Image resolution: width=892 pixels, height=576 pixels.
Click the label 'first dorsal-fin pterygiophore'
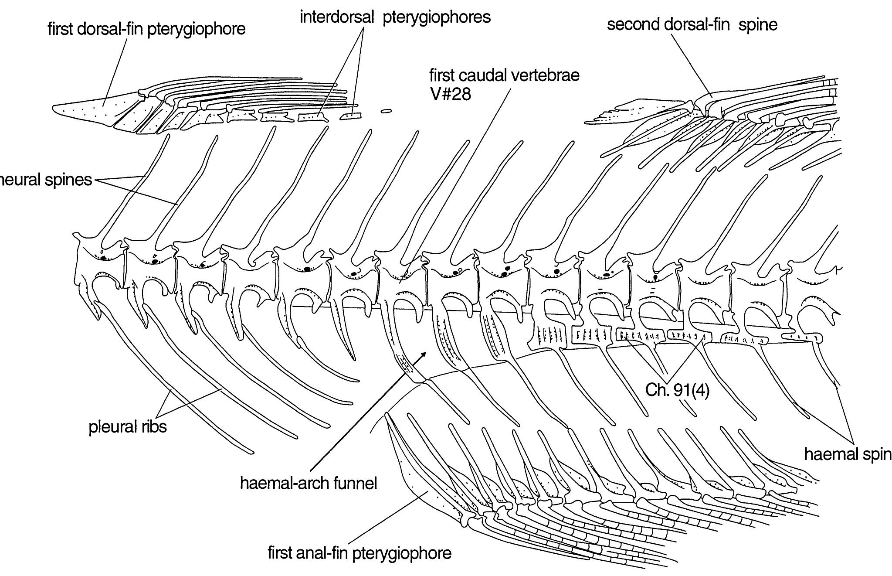tap(146, 29)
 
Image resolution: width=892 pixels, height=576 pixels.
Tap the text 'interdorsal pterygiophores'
tap(395, 17)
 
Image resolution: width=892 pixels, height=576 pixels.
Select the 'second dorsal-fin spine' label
tap(692, 24)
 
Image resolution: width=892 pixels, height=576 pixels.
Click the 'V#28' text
tap(450, 93)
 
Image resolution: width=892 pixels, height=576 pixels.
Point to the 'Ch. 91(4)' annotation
tap(677, 390)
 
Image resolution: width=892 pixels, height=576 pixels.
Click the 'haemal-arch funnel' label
tap(308, 483)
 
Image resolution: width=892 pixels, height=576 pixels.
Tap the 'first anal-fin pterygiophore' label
tap(359, 553)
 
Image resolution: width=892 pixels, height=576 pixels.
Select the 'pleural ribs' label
tap(127, 426)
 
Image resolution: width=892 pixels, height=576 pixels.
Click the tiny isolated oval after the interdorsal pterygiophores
tap(386, 111)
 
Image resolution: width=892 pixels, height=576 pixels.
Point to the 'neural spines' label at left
tap(46, 180)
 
